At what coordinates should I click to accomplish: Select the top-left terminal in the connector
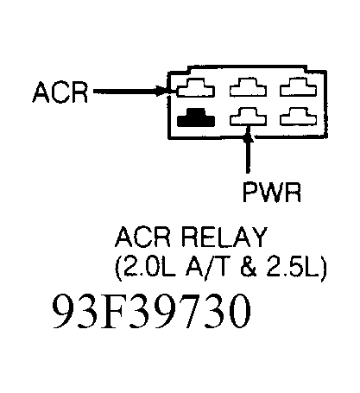click(x=195, y=90)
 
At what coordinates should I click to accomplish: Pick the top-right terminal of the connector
click(x=298, y=90)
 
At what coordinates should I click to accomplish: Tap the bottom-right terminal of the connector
click(x=298, y=117)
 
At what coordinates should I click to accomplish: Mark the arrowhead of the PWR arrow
click(x=249, y=135)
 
